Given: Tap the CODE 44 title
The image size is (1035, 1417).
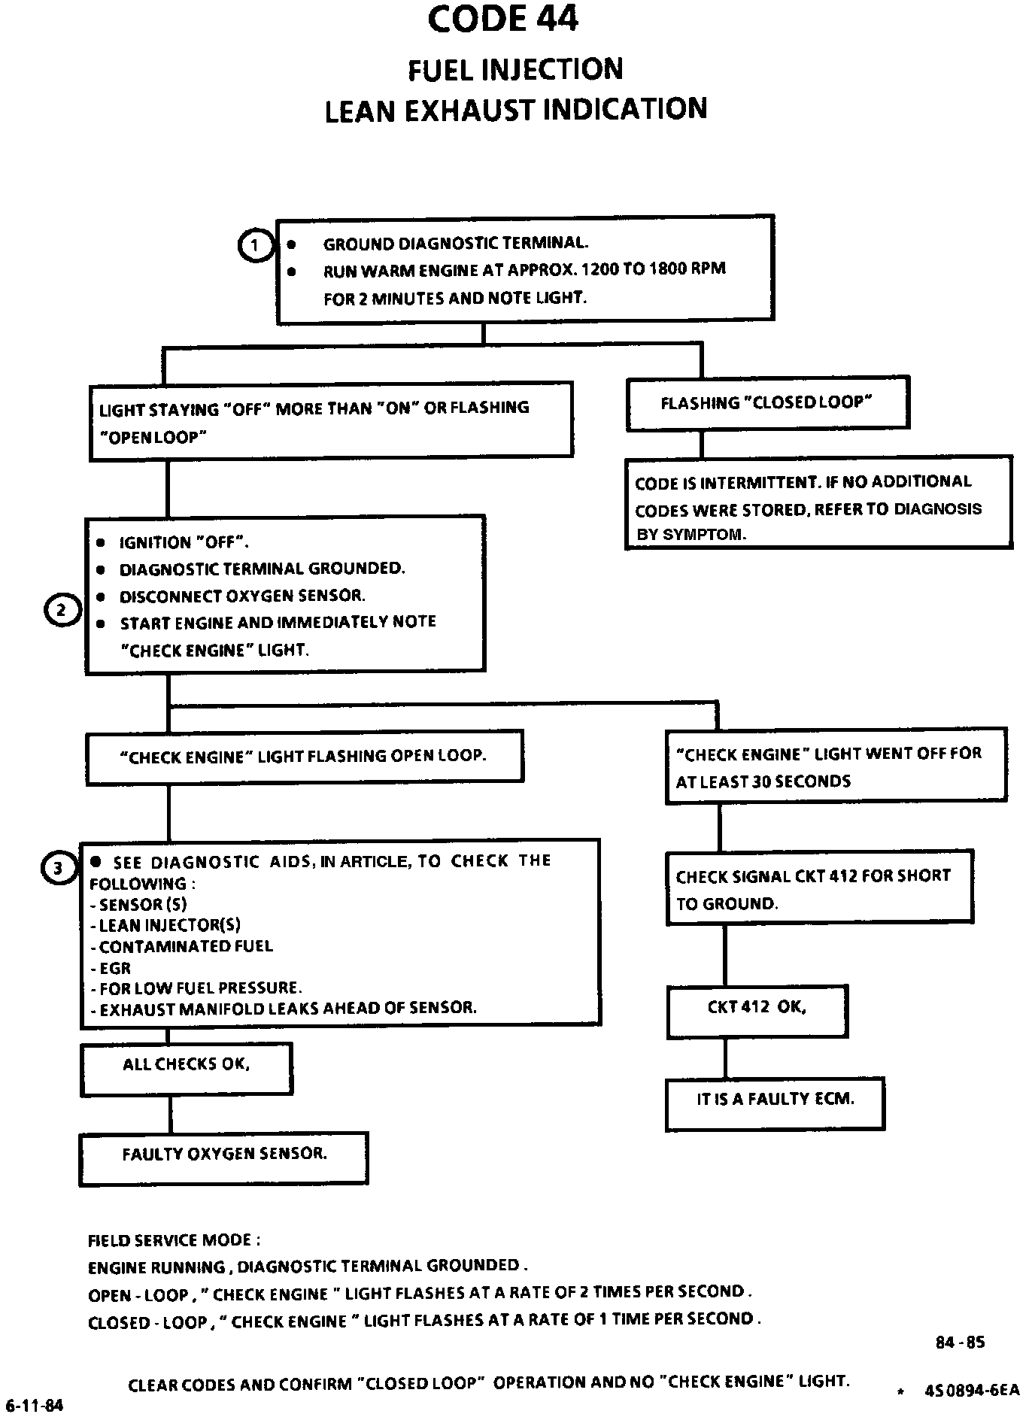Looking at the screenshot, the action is tap(502, 20).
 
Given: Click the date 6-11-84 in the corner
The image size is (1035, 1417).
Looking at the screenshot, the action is tap(35, 1406).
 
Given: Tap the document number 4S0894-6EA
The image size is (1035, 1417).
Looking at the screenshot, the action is tap(972, 1390).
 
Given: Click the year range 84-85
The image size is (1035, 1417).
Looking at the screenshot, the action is tap(960, 1342).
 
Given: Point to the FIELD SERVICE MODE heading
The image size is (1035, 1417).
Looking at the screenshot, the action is tap(175, 1240).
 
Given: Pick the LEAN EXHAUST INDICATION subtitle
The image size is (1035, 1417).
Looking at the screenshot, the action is tap(516, 109).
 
